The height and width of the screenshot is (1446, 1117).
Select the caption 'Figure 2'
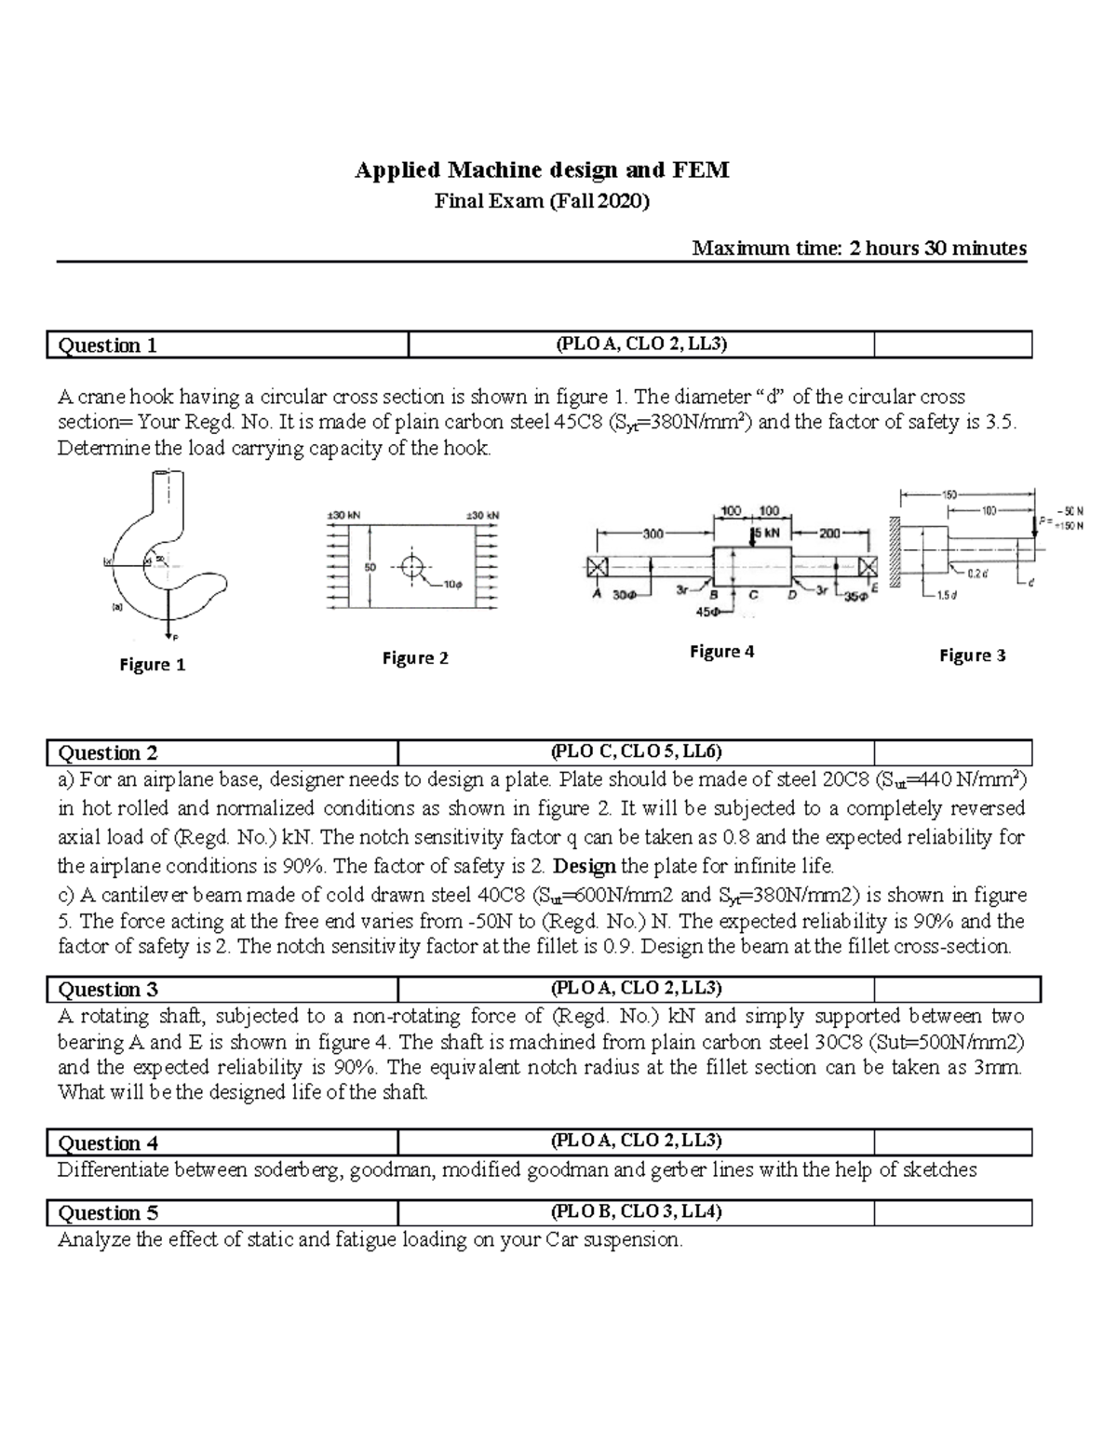tap(415, 658)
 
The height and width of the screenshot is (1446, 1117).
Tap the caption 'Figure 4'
tap(721, 652)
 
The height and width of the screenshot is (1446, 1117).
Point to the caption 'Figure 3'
tap(972, 655)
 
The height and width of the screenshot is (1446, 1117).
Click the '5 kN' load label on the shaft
tap(767, 533)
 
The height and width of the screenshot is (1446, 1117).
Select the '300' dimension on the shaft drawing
tap(653, 534)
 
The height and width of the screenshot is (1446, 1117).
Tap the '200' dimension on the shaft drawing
tap(829, 534)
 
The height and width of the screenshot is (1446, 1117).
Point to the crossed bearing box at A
tap(597, 566)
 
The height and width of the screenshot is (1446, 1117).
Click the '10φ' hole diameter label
tap(452, 585)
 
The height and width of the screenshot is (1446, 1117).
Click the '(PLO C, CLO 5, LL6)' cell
tap(636, 752)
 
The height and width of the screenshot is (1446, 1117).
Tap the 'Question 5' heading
tap(108, 1212)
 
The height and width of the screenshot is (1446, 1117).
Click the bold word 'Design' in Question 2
tap(585, 866)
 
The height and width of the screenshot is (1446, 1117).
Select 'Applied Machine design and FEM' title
tap(542, 170)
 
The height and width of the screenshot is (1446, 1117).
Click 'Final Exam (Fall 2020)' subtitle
tap(542, 200)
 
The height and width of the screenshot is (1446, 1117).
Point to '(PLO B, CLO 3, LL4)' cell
tap(636, 1211)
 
